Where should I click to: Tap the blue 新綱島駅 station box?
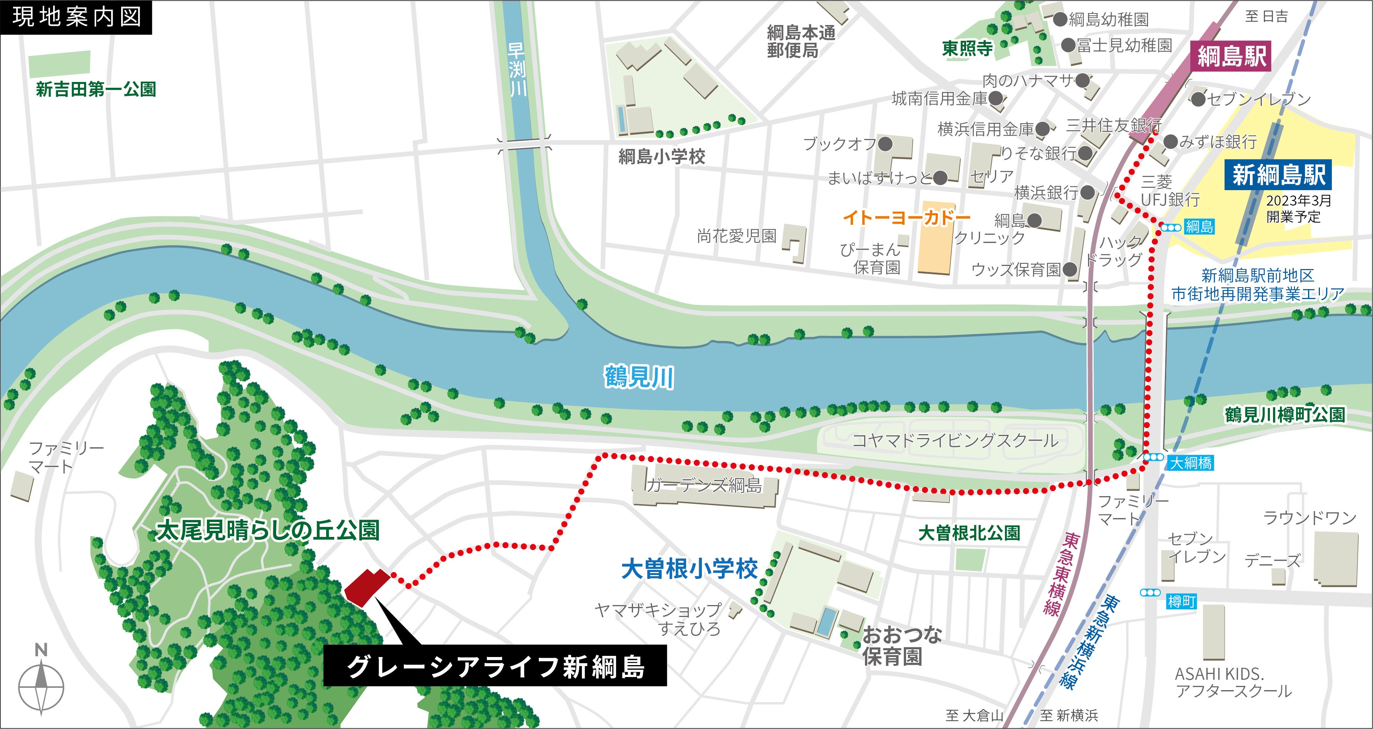(1278, 175)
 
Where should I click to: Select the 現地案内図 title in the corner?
(76, 17)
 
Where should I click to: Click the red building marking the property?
(366, 587)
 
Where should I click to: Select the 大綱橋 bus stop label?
(1191, 463)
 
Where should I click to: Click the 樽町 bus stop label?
(1181, 602)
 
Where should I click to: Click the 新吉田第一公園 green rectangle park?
(59, 64)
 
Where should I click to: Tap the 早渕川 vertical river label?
(517, 69)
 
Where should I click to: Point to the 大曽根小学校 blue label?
(689, 569)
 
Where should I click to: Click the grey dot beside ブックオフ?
(885, 144)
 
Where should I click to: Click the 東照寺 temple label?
(967, 48)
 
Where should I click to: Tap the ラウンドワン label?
(1310, 517)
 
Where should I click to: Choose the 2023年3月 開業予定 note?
(1298, 209)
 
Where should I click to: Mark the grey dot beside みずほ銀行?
(1170, 141)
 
